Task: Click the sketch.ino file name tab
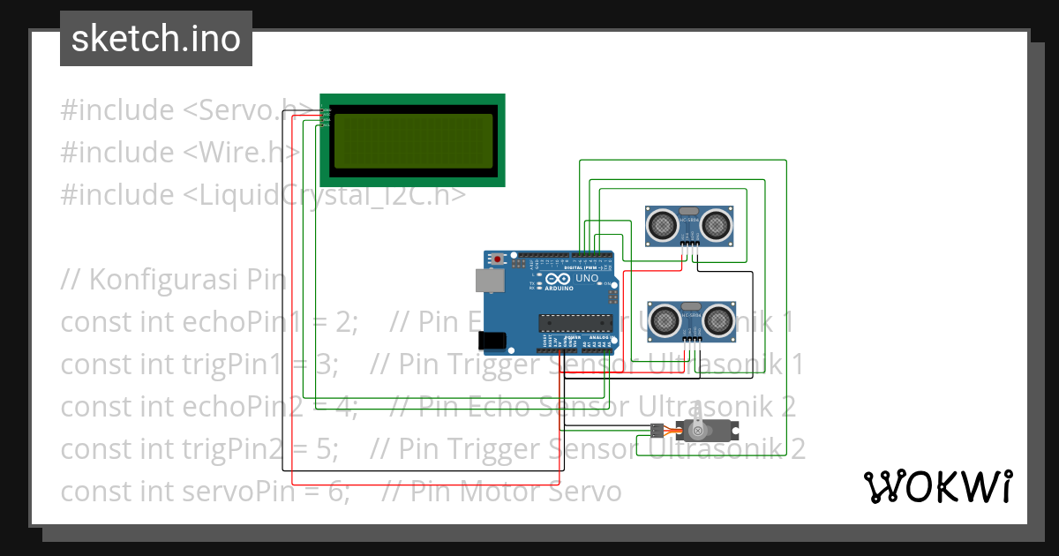(x=155, y=39)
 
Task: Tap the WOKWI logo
(x=937, y=486)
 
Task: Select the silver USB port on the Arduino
(x=486, y=280)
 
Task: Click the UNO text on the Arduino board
(x=586, y=279)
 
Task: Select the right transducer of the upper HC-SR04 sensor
(x=716, y=226)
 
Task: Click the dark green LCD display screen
(x=412, y=141)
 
